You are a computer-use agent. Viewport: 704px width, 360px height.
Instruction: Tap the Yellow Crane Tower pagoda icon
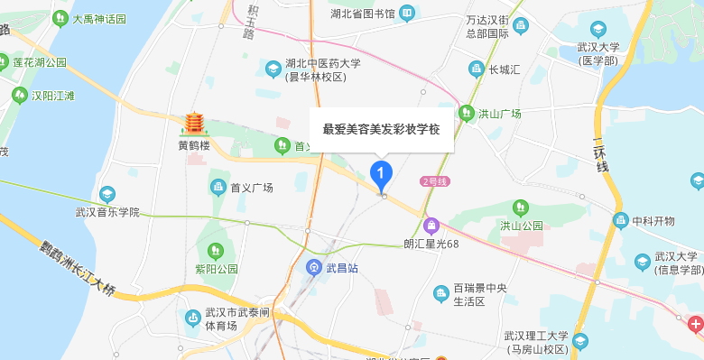193,125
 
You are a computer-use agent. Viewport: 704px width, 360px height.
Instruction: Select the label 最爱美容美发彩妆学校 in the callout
381,129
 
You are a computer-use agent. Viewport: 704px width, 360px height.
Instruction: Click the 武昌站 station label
343,267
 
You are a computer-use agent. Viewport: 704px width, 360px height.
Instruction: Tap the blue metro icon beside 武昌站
313,267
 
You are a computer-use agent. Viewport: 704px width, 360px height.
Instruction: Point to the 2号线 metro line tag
435,181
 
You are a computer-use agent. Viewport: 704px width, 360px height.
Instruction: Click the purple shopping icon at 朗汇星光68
431,225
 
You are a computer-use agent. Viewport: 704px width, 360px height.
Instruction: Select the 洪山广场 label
500,114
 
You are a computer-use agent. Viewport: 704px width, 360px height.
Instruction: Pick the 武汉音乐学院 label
107,213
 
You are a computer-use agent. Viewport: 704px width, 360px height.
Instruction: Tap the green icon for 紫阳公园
215,250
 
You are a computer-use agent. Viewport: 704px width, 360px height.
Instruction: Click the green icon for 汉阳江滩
18,95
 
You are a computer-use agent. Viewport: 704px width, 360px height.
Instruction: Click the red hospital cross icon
695,323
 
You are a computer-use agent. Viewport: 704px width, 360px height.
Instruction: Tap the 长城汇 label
505,69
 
